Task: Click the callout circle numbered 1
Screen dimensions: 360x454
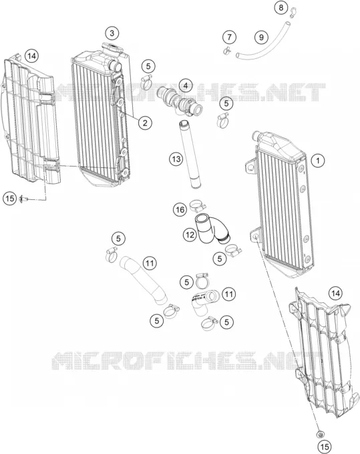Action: [318, 160]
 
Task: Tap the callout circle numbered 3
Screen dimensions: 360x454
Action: [112, 33]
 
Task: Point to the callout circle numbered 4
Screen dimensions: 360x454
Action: [186, 86]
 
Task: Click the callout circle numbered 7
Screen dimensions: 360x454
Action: [229, 37]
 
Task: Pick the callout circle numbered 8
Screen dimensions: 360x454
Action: [281, 7]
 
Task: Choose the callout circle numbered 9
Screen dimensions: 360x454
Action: [261, 37]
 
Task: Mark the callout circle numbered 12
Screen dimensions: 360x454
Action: [190, 235]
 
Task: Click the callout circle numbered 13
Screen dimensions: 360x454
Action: [176, 158]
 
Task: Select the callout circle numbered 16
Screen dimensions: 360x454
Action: [180, 209]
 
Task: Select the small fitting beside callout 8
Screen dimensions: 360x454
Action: [293, 11]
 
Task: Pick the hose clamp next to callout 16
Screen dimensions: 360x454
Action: [198, 205]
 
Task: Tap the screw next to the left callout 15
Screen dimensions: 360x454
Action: [23, 199]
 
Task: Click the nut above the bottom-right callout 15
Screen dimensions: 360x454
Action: [320, 434]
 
